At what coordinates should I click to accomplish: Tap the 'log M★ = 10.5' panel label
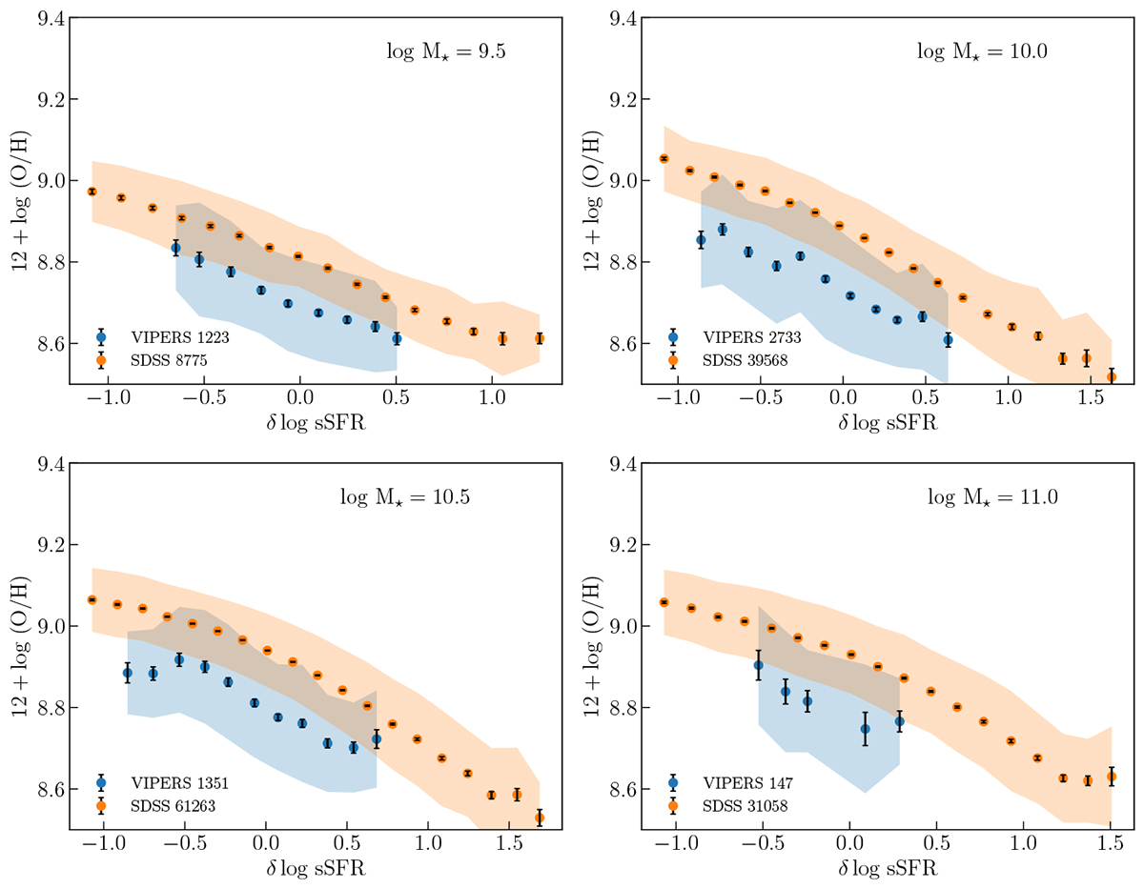(x=405, y=496)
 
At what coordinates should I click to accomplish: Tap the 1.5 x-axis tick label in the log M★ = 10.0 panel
(x=1087, y=397)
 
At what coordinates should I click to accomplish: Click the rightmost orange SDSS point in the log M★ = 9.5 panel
(x=540, y=338)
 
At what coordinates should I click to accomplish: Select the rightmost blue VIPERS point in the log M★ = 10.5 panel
(x=377, y=738)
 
